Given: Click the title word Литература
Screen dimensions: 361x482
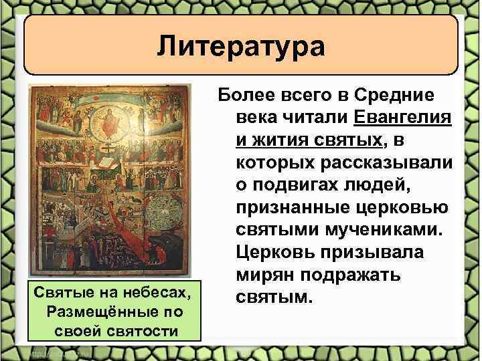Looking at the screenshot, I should point(241,47).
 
